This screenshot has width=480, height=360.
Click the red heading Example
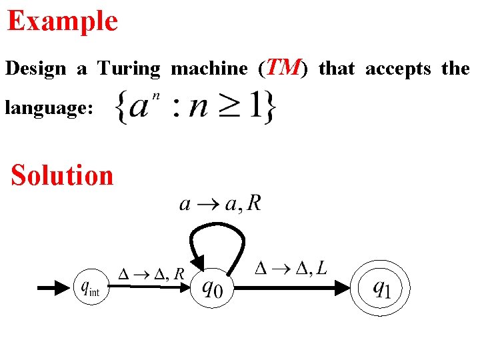62,21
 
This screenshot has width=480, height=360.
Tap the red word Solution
62,175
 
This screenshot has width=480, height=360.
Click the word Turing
129,69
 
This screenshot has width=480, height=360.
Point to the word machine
209,69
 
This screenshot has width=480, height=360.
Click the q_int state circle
90,288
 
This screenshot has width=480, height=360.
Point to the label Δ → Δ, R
151,273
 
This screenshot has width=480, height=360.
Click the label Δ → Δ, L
291,269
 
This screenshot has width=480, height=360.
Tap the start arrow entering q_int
54,288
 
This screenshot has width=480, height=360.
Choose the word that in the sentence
336,69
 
